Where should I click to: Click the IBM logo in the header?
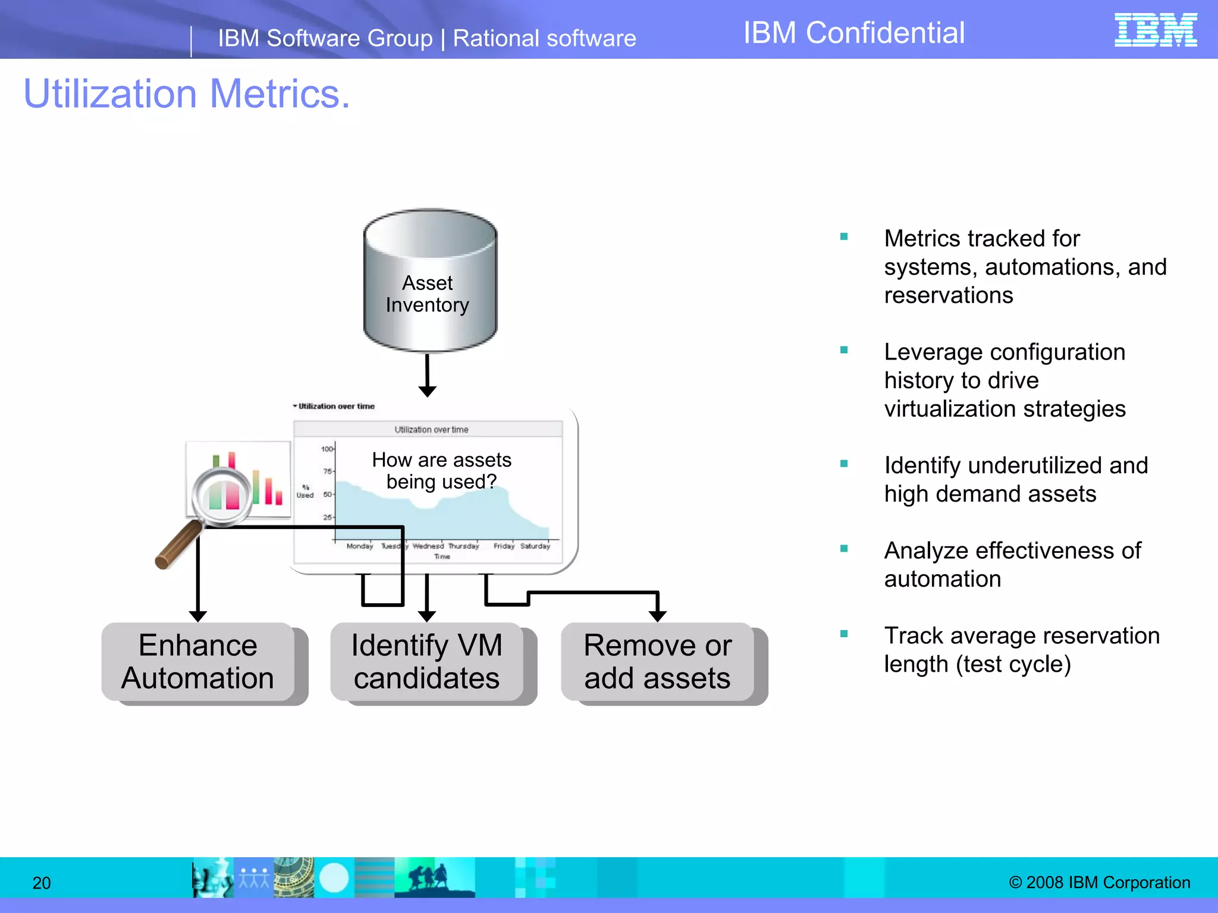(x=1155, y=30)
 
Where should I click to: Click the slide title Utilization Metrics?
(x=187, y=94)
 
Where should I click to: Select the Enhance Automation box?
(x=198, y=662)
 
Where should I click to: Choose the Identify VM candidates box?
(x=427, y=662)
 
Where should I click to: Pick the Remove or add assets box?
(x=658, y=662)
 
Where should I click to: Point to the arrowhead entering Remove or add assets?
(x=657, y=615)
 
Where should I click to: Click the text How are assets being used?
(x=441, y=470)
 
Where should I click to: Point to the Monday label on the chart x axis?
(x=359, y=546)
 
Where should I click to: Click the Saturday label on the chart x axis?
(x=535, y=546)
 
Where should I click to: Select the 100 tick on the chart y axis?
(x=327, y=449)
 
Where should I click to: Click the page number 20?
(x=42, y=883)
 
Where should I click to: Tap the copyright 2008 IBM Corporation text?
(x=1099, y=882)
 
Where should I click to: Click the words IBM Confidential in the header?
(x=853, y=33)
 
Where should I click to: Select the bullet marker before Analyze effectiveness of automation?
(x=843, y=549)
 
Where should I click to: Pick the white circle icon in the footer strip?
(x=334, y=877)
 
